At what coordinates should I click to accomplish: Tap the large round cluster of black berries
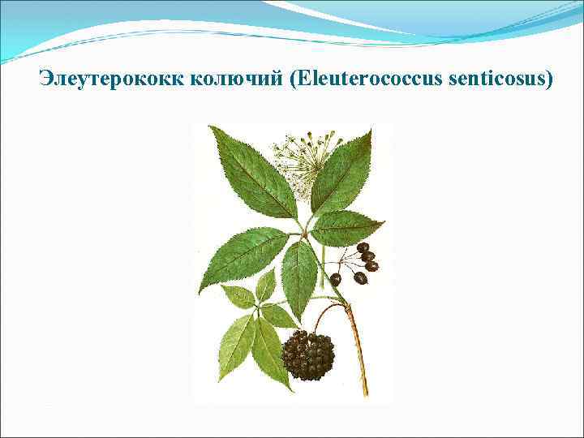[x=308, y=355]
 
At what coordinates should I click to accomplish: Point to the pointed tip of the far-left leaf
[x=200, y=291]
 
